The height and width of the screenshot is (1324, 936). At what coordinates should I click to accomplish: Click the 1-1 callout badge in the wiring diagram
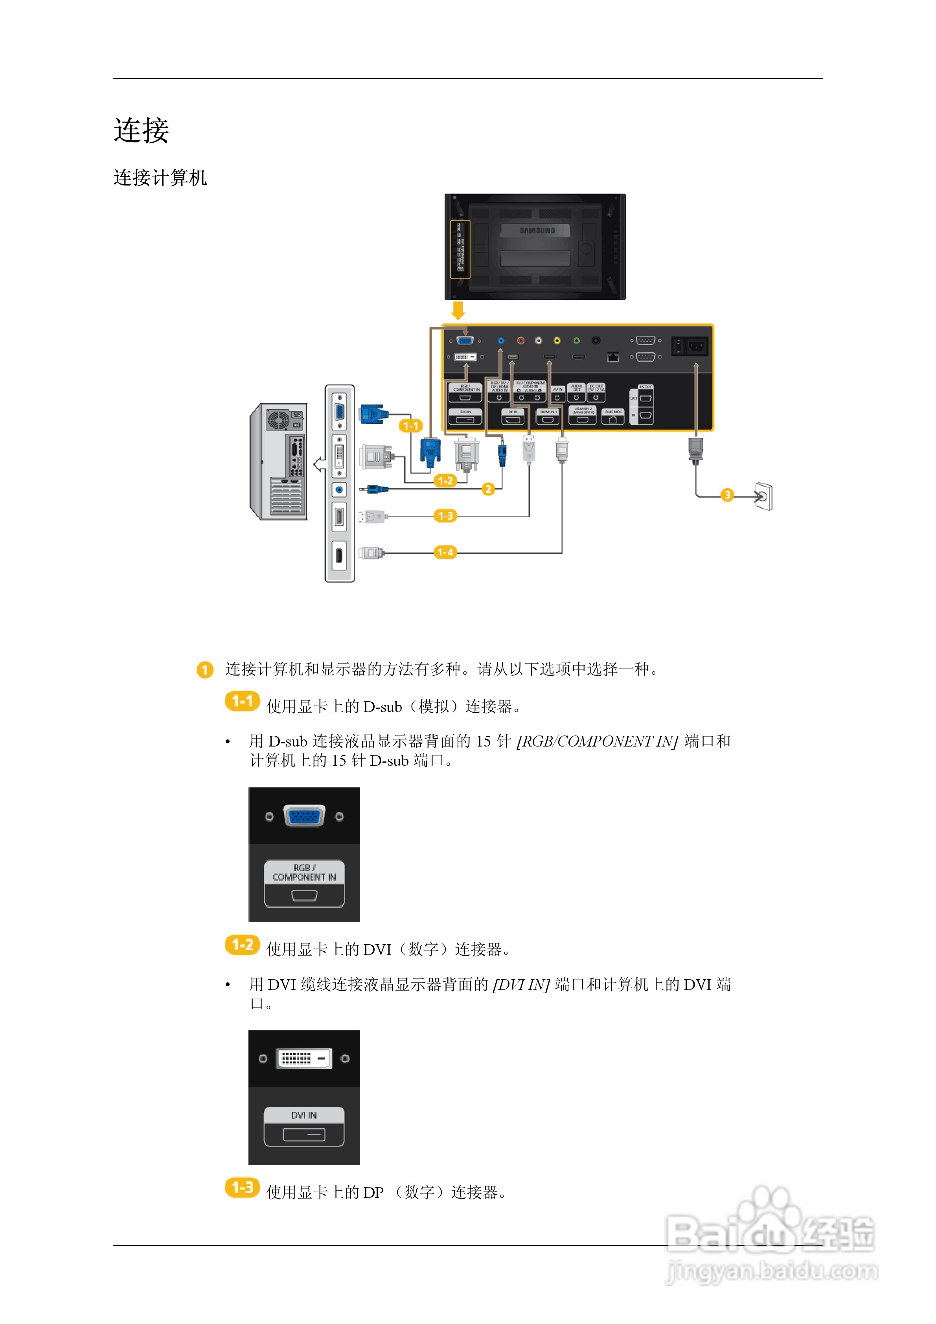(411, 426)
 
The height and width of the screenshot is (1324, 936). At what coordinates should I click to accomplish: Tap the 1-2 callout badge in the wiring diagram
(445, 480)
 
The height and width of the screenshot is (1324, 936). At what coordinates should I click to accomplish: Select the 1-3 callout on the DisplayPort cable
(445, 515)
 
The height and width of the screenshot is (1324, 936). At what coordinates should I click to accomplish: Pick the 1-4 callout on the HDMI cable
(445, 552)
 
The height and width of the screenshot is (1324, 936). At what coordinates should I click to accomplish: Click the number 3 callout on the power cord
(727, 495)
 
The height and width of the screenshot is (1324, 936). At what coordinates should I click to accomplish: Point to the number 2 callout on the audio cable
(488, 489)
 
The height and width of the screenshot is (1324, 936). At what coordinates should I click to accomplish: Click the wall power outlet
(764, 496)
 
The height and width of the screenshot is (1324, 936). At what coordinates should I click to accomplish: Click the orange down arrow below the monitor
(458, 310)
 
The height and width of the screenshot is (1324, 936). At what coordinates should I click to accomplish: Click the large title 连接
(141, 131)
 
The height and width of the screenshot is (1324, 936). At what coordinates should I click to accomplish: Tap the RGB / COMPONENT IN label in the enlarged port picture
(304, 872)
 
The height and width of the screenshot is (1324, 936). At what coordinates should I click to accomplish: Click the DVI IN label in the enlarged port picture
(304, 1115)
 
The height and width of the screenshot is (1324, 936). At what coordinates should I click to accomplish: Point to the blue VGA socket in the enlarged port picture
(304, 816)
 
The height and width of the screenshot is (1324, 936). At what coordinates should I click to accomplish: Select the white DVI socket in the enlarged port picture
(304, 1059)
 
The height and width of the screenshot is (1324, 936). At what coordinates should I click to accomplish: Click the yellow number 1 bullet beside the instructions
(205, 669)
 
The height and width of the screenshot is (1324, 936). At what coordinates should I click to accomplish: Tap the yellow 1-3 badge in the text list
(242, 1188)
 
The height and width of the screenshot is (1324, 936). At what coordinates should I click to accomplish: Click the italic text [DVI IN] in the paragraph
(521, 984)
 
